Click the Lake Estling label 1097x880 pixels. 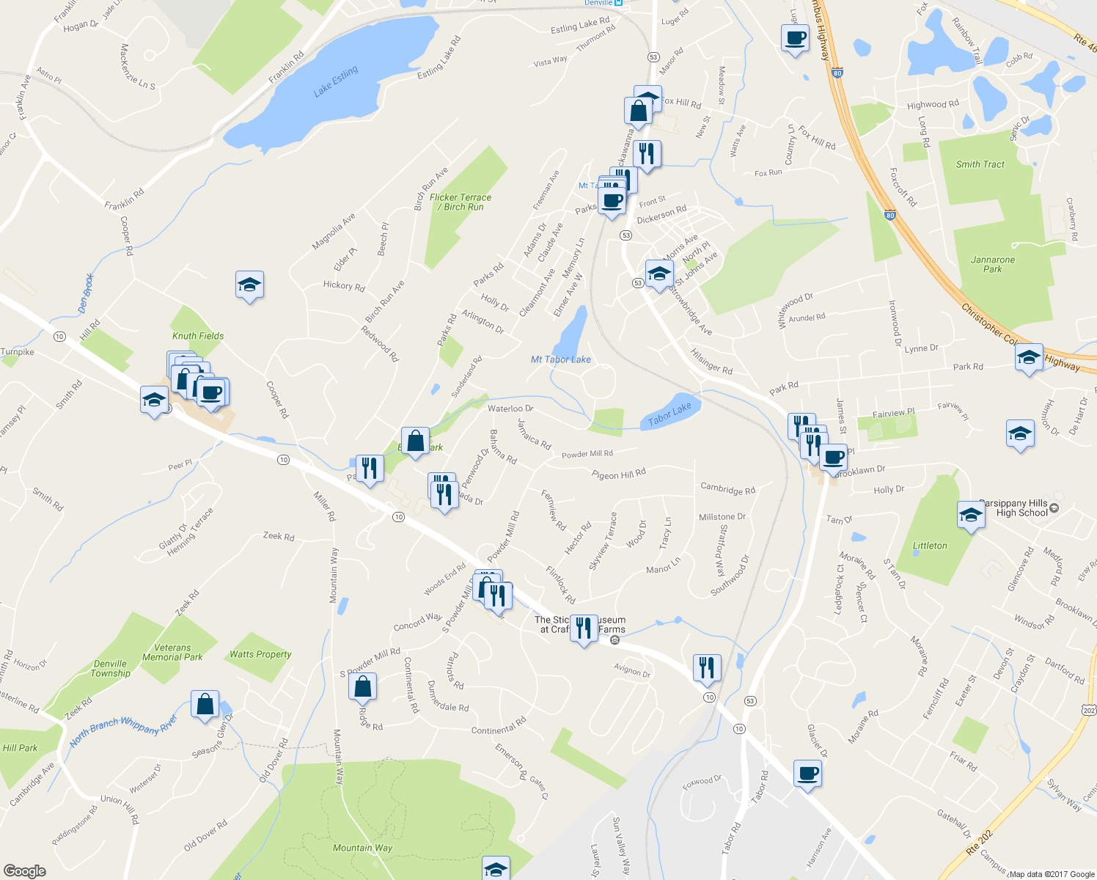point(336,81)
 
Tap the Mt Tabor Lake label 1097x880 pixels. point(561,359)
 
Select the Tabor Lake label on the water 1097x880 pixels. point(669,414)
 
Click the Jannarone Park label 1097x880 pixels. point(993,264)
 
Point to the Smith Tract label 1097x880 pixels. point(980,164)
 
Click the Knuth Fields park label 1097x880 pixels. point(198,336)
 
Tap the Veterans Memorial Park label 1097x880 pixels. point(172,652)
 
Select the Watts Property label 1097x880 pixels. point(260,654)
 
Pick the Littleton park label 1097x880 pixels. point(930,546)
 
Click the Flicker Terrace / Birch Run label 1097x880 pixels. point(461,202)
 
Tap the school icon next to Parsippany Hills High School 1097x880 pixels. point(971,516)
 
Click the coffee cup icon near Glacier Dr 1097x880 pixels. point(807,773)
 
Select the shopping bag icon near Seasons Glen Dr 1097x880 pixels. point(205,703)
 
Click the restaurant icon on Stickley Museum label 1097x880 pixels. point(584,628)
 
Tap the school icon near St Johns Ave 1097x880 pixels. point(658,274)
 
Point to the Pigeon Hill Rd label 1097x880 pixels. point(619,474)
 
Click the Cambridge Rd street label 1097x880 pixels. point(727,488)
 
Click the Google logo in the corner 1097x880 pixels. point(25,870)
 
